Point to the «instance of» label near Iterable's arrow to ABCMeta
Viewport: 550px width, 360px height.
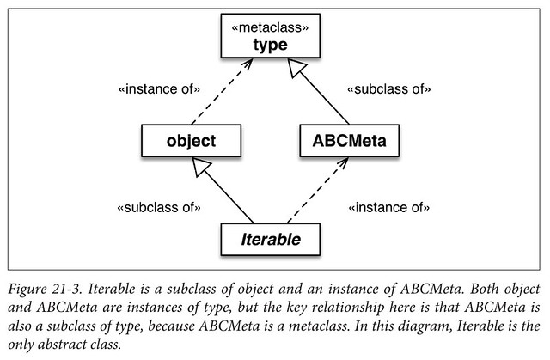(389, 207)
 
